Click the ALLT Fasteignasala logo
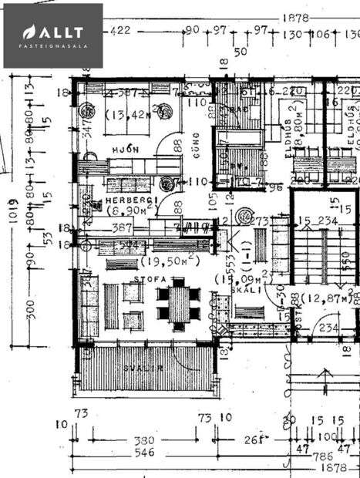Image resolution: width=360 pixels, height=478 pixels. pyautogui.click(x=52, y=35)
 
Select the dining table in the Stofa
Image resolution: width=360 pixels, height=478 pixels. pyautogui.click(x=178, y=302)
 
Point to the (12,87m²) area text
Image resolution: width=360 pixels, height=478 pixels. pyautogui.click(x=326, y=297)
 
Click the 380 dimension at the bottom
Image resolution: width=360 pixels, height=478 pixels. pyautogui.click(x=144, y=441)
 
